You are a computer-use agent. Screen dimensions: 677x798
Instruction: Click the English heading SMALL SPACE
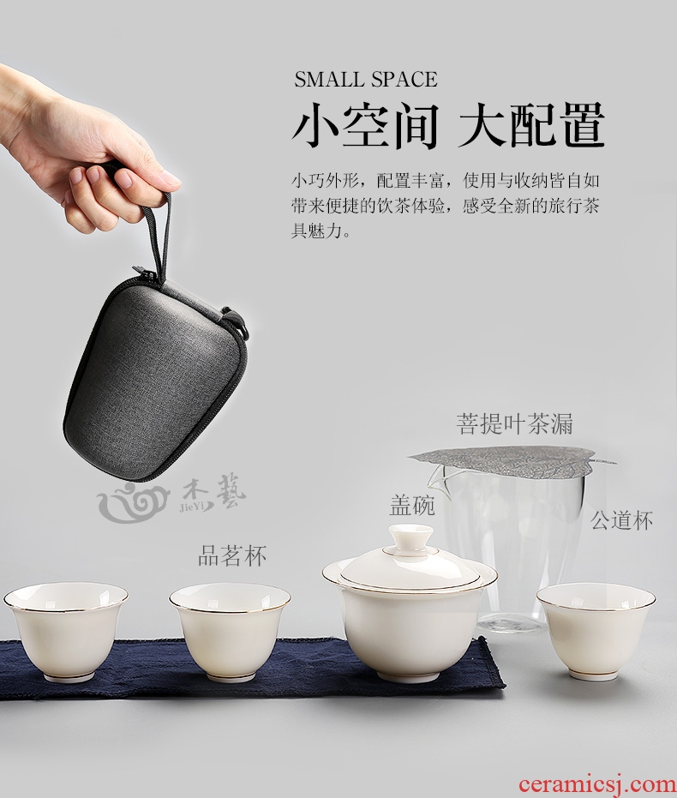coord(366,80)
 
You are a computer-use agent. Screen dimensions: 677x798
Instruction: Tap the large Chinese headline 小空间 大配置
coord(448,124)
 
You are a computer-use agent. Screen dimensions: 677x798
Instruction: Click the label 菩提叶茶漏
coord(514,423)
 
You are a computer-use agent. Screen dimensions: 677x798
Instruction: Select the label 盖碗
coord(412,506)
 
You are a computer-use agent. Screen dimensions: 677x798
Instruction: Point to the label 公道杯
coord(621,520)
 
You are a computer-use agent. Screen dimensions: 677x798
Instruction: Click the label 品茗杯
coord(232,555)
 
